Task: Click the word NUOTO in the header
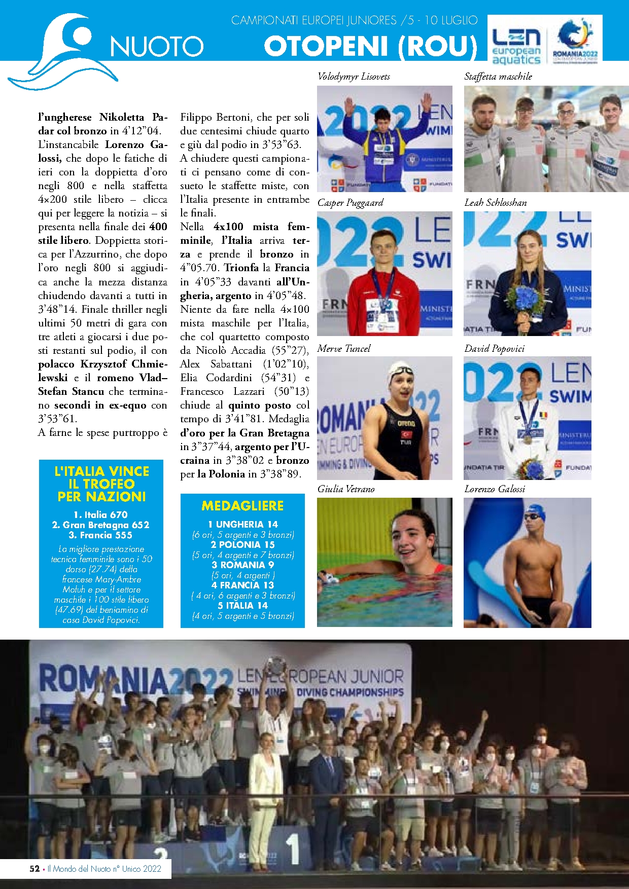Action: [157, 47]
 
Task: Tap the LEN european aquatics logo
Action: [516, 46]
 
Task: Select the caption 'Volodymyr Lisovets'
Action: [354, 77]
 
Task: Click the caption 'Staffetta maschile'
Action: [498, 77]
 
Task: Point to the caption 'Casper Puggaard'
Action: [350, 203]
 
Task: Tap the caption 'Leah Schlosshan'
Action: [496, 203]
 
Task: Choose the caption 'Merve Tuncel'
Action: [344, 349]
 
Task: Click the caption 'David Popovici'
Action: [495, 349]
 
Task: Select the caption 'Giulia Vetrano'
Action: [346, 489]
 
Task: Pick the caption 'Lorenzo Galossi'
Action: [495, 489]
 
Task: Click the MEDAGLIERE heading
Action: [242, 506]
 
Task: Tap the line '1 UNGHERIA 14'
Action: [243, 525]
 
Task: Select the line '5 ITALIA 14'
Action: [243, 606]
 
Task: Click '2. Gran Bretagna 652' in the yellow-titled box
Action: [101, 525]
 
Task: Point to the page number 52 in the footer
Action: [34, 869]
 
